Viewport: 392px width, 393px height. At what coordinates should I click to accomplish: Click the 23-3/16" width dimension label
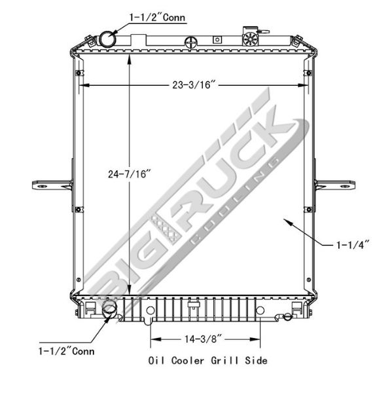[194, 85]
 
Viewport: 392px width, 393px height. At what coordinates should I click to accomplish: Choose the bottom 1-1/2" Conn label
[67, 351]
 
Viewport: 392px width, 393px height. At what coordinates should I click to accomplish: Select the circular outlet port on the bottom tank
[111, 310]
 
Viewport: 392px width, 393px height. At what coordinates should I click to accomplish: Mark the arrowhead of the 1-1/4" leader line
[283, 221]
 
